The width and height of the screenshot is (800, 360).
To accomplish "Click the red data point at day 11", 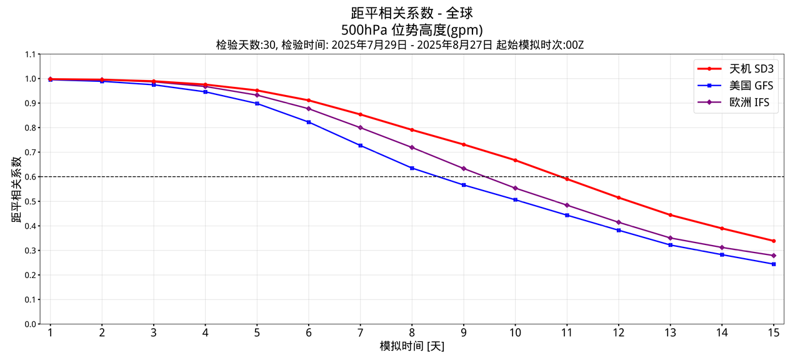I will point(567,179).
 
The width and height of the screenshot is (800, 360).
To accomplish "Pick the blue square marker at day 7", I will point(360,146).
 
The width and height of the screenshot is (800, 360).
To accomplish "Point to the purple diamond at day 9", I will point(463,169).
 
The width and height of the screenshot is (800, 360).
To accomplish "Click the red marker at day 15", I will point(773,241).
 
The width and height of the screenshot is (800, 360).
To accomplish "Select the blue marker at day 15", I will point(773,264).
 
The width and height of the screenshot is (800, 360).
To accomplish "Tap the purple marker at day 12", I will point(618,222).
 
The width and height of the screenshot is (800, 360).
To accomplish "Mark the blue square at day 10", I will point(515,200).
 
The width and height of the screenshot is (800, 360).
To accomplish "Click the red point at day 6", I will point(308,101).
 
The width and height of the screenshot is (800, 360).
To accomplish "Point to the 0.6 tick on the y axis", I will point(31,177).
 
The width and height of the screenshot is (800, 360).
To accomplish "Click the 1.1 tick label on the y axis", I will point(31,54).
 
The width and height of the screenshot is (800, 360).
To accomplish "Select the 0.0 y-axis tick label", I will point(31,324).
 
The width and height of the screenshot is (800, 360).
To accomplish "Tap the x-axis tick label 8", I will point(412,333).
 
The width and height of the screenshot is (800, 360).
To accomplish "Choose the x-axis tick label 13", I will point(670,333).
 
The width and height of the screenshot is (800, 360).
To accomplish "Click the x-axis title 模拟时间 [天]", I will point(412,346).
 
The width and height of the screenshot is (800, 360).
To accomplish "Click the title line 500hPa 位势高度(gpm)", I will point(412,29).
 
